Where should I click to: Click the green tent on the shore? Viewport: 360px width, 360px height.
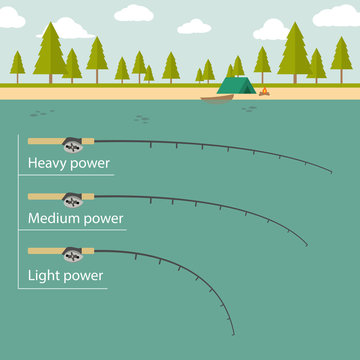point(234,88)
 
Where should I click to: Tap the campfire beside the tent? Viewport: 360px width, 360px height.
point(264,93)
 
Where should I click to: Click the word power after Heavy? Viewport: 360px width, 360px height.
point(88,164)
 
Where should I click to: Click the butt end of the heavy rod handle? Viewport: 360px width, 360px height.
point(30,140)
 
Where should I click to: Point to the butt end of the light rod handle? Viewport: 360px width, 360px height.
point(30,250)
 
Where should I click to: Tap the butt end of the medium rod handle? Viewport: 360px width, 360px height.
point(30,195)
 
